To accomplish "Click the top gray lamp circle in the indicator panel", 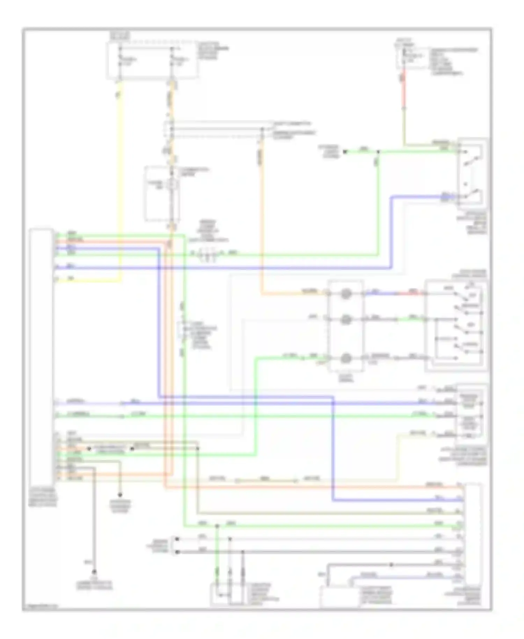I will pyautogui.click(x=345, y=294).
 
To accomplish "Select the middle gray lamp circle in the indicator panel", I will pyautogui.click(x=345, y=319).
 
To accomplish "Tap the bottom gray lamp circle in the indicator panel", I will pyautogui.click(x=345, y=358).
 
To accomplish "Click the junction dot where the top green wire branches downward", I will pyautogui.click(x=378, y=152).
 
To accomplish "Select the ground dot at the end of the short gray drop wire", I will pyautogui.click(x=120, y=495).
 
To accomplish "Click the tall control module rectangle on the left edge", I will pyautogui.click(x=41, y=357).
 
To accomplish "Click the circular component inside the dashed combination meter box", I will pyautogui.click(x=172, y=185).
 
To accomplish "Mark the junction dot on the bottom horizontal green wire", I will pyautogui.click(x=217, y=526).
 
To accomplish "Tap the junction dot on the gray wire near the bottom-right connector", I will pyautogui.click(x=391, y=565).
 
